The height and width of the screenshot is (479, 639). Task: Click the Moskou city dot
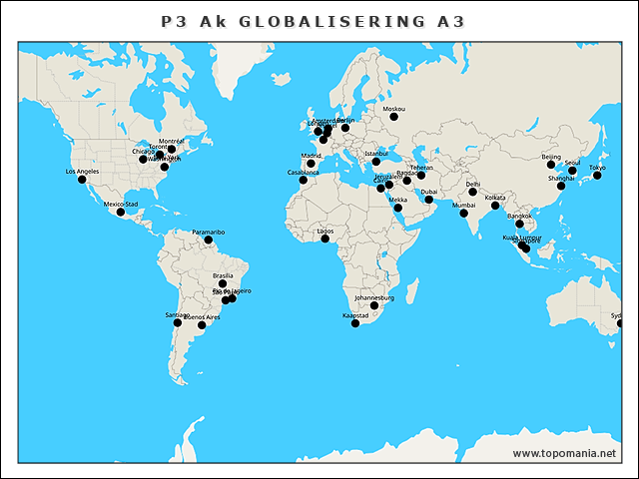tap(393, 117)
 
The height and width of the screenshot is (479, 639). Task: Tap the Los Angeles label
tap(82, 172)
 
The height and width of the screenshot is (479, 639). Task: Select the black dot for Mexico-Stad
tap(121, 212)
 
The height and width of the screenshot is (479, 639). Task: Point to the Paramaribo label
tap(209, 232)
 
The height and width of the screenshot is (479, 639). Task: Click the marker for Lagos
tap(324, 239)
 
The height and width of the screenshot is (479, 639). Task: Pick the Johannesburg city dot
tap(374, 305)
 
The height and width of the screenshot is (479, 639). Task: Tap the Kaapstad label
tap(355, 315)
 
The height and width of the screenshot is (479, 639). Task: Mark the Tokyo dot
tap(597, 176)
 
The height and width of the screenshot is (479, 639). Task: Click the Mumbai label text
tap(464, 205)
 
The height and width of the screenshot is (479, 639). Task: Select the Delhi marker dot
tap(473, 192)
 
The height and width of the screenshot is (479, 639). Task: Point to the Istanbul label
tap(375, 154)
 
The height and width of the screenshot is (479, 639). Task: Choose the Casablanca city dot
tap(304, 180)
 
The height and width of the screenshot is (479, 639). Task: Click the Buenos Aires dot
tap(202, 325)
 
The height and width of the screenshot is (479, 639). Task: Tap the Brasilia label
tap(223, 275)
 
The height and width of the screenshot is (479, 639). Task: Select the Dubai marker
tap(429, 200)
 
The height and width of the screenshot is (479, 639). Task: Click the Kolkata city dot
tap(495, 206)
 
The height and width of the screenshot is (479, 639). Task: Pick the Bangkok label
tap(520, 216)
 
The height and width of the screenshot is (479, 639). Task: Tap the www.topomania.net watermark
tap(564, 453)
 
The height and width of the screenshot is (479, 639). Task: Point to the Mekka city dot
tap(398, 207)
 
